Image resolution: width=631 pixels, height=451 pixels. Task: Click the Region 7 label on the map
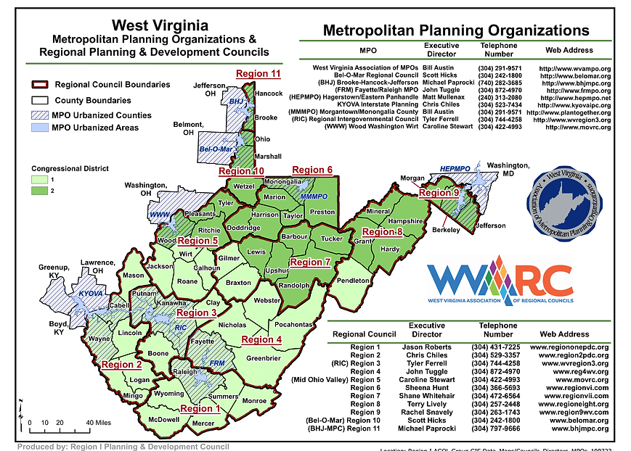pos(310,262)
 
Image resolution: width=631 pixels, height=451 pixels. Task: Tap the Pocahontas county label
pos(293,324)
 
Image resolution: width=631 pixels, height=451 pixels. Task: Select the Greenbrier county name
pos(264,357)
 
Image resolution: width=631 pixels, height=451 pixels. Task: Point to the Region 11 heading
pos(258,73)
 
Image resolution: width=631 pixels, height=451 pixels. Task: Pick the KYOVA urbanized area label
pos(91,295)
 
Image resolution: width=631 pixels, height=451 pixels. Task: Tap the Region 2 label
pos(122,365)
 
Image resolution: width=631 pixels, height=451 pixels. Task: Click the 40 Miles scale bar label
pos(98,422)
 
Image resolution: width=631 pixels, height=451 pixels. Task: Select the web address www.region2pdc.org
pos(569,355)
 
